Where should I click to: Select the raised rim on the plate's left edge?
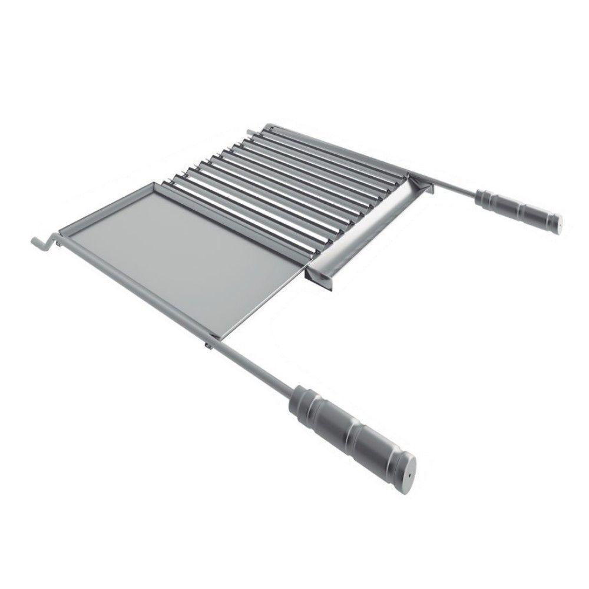pos(100,206)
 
